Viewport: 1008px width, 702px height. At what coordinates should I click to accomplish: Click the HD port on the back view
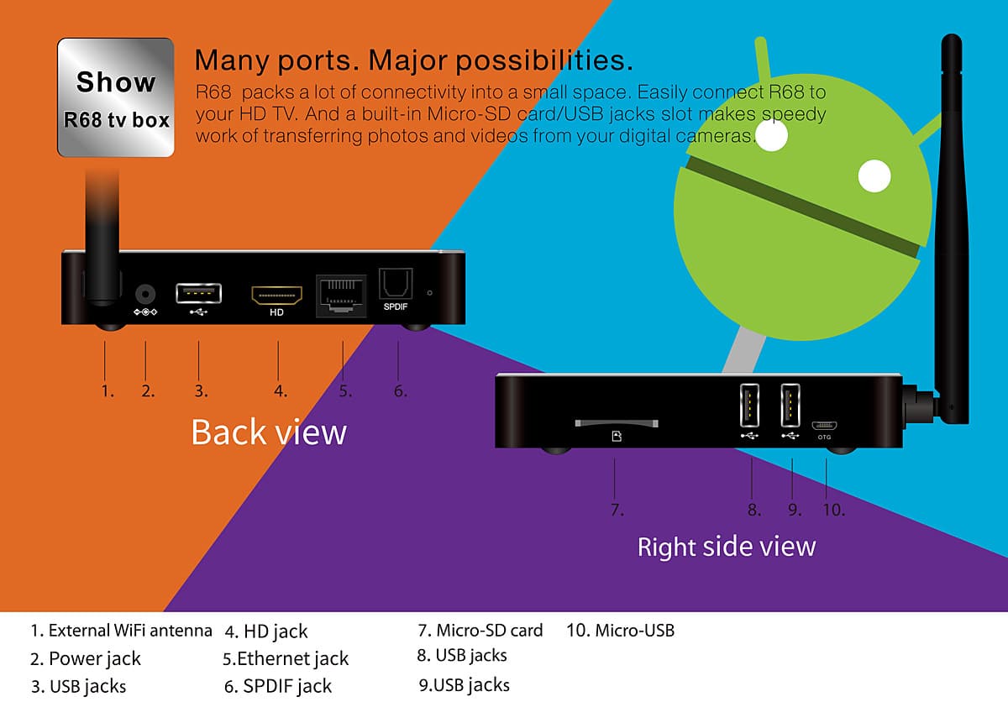(276, 296)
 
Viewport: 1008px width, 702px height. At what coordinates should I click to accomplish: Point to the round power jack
(146, 294)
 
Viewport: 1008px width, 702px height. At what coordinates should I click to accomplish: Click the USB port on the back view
(198, 294)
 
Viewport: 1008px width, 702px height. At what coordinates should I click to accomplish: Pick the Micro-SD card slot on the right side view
(617, 423)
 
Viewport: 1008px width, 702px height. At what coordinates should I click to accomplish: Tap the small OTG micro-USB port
(824, 424)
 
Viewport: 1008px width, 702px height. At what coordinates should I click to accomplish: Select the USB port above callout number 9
(790, 406)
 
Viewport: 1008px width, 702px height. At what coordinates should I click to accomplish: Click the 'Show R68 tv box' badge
(116, 97)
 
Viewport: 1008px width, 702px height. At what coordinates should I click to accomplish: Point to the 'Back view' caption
(269, 432)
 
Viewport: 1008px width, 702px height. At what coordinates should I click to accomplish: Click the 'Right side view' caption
(727, 547)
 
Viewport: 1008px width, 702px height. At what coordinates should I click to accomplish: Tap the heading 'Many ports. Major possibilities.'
(413, 60)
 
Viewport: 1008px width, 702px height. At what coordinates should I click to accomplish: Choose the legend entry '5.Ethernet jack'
(286, 658)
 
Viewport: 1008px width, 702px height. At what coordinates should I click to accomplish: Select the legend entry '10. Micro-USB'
(621, 630)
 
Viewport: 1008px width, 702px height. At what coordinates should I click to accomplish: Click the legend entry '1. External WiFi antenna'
(121, 630)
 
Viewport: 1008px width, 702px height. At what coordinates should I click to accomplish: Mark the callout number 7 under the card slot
(616, 509)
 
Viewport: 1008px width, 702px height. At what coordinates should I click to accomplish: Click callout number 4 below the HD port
(281, 390)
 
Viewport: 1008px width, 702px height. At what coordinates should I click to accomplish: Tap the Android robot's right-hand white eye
(874, 177)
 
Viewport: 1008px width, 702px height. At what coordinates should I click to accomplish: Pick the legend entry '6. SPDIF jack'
(278, 686)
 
